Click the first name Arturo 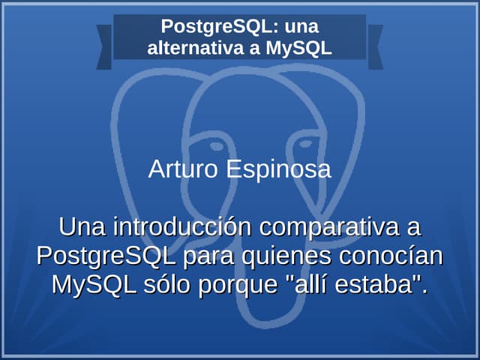pyautogui.click(x=178, y=169)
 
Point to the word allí pyautogui.click(x=313, y=285)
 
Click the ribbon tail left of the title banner pyautogui.click(x=104, y=46)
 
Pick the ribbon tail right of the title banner pyautogui.click(x=375, y=46)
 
